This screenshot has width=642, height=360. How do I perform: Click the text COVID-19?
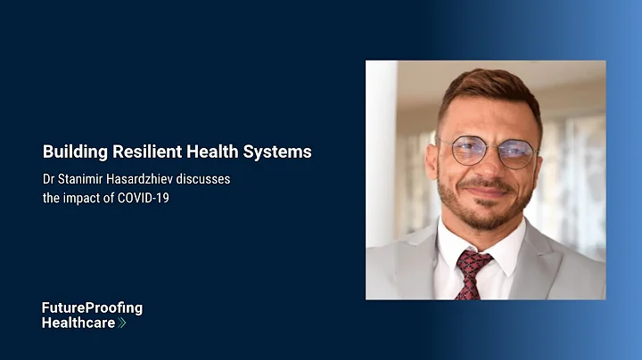click(142, 197)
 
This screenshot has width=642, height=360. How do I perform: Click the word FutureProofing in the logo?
click(92, 308)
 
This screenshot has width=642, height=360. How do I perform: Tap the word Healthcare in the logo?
click(78, 323)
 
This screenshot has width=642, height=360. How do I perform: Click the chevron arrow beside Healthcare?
click(122, 323)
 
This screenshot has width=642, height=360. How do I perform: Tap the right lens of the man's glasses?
click(518, 152)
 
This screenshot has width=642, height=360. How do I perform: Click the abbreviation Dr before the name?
click(48, 179)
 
